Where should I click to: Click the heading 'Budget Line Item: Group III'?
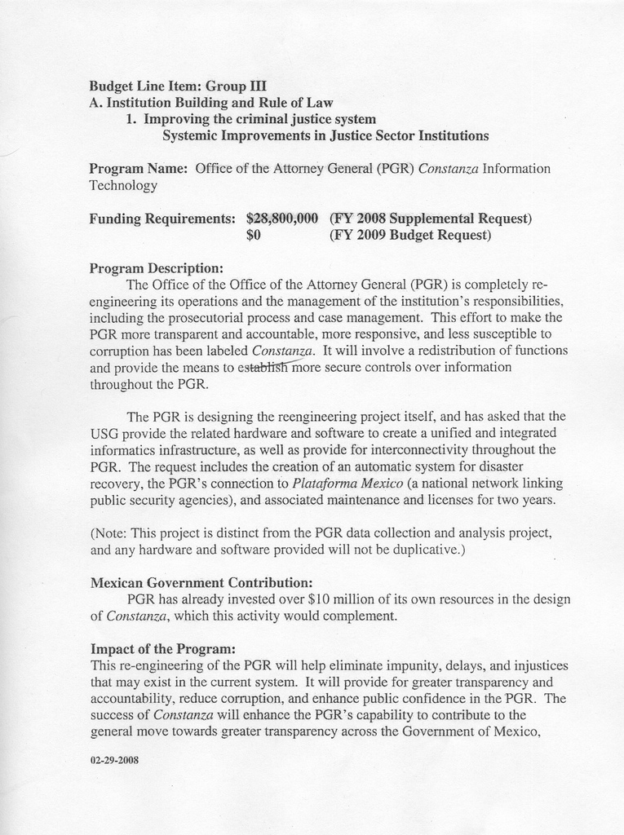[178, 86]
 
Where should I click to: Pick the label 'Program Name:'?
[139, 169]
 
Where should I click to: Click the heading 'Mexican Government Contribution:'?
[201, 583]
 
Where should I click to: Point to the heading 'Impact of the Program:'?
[162, 649]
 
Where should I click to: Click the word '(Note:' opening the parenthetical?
[108, 533]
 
